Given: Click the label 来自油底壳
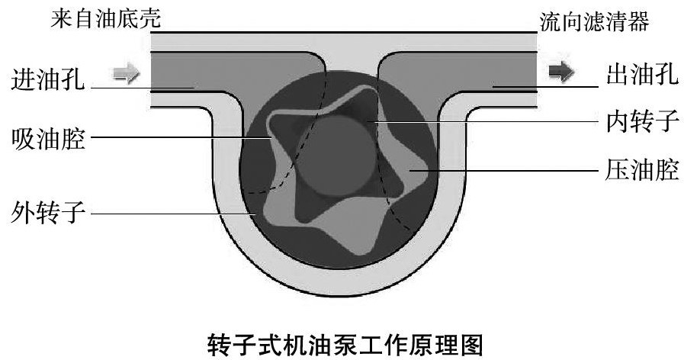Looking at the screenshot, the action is [x=105, y=19].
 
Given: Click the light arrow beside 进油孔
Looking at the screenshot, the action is [x=126, y=73].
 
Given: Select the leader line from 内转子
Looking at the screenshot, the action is [x=488, y=121].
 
